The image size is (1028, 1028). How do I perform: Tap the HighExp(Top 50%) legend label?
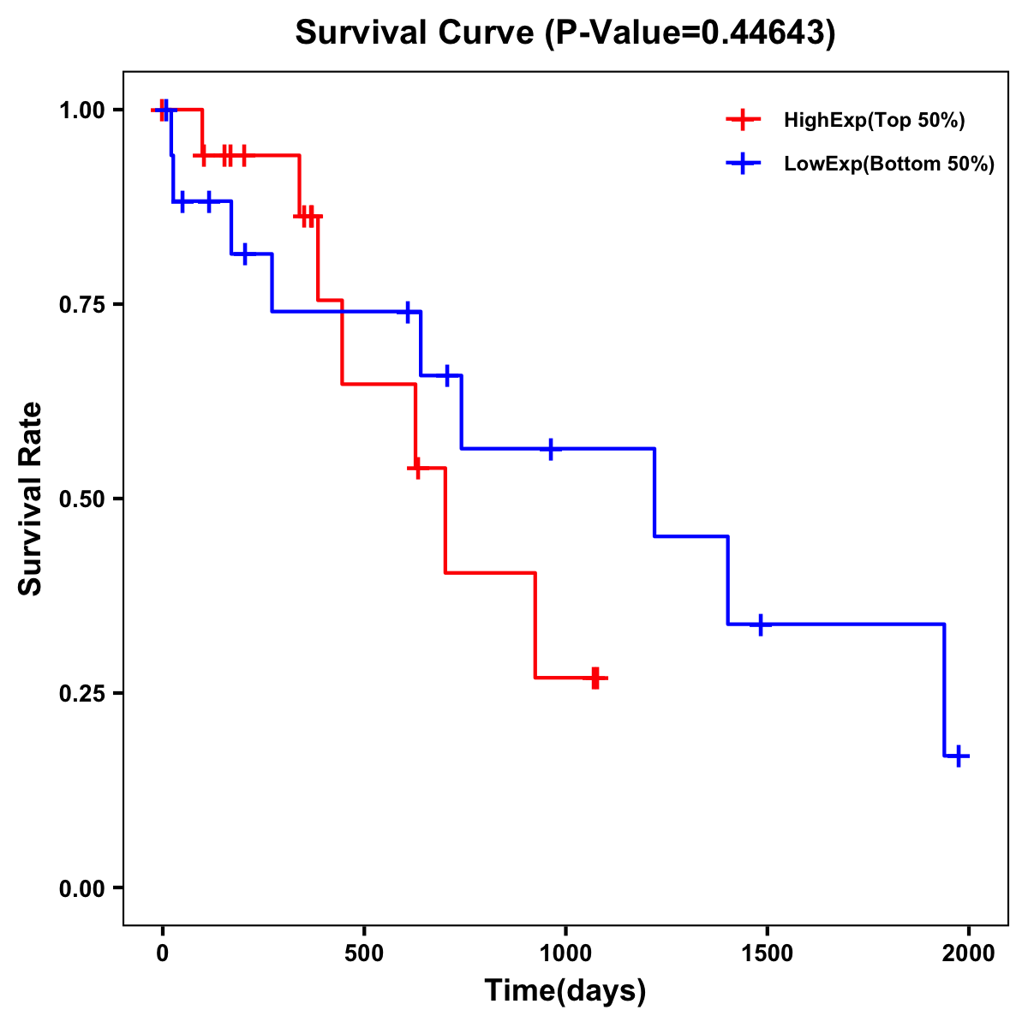[x=874, y=121]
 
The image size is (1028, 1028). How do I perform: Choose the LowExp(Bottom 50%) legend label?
[x=889, y=164]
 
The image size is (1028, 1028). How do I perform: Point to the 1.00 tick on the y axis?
[x=81, y=111]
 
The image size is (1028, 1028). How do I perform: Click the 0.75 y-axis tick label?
[x=81, y=305]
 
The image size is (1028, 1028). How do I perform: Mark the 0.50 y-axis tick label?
[x=81, y=499]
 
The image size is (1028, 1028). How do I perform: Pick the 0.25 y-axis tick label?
[x=81, y=694]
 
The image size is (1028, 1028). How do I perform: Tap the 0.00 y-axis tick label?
[x=81, y=888]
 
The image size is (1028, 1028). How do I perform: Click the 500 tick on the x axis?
[x=364, y=953]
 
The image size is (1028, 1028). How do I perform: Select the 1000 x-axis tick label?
[x=565, y=953]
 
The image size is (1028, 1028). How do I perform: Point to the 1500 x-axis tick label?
[x=767, y=953]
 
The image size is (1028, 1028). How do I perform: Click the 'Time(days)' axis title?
[x=565, y=991]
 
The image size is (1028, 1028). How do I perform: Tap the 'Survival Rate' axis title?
[x=31, y=498]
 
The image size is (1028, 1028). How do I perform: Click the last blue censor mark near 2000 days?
[x=959, y=756]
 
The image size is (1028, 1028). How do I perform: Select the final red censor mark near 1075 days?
[x=595, y=678]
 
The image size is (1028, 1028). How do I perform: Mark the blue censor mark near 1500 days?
[x=760, y=625]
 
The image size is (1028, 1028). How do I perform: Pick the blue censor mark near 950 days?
[x=551, y=448]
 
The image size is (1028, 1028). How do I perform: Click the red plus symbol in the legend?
[x=743, y=120]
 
